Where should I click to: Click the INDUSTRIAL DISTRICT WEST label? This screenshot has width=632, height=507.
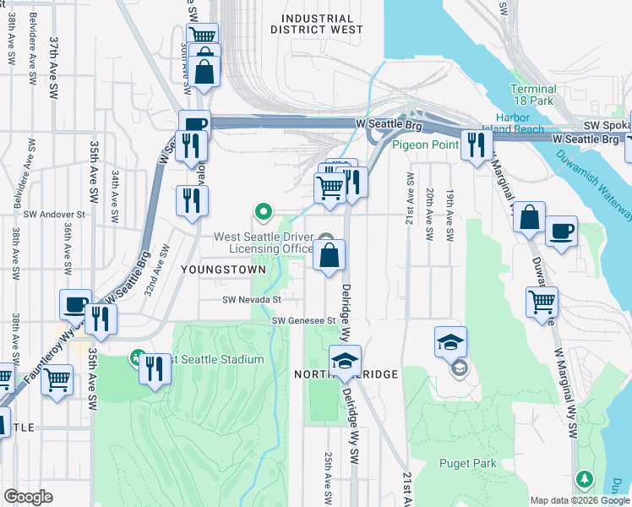(317, 24)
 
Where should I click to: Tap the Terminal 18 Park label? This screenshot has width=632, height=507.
(533, 95)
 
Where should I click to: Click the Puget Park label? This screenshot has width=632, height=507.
(467, 462)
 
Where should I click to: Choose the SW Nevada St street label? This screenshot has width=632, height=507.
(251, 299)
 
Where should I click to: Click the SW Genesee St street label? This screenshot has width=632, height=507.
(304, 320)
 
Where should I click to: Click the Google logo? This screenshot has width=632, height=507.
(28, 496)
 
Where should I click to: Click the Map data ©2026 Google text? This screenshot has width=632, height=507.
(580, 500)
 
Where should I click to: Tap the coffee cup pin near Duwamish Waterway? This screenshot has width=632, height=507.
(561, 231)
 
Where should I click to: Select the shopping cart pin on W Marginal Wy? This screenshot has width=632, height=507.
(542, 301)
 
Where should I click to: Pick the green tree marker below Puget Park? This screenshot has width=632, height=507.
(584, 479)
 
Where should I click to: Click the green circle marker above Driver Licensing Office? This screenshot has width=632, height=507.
(264, 211)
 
